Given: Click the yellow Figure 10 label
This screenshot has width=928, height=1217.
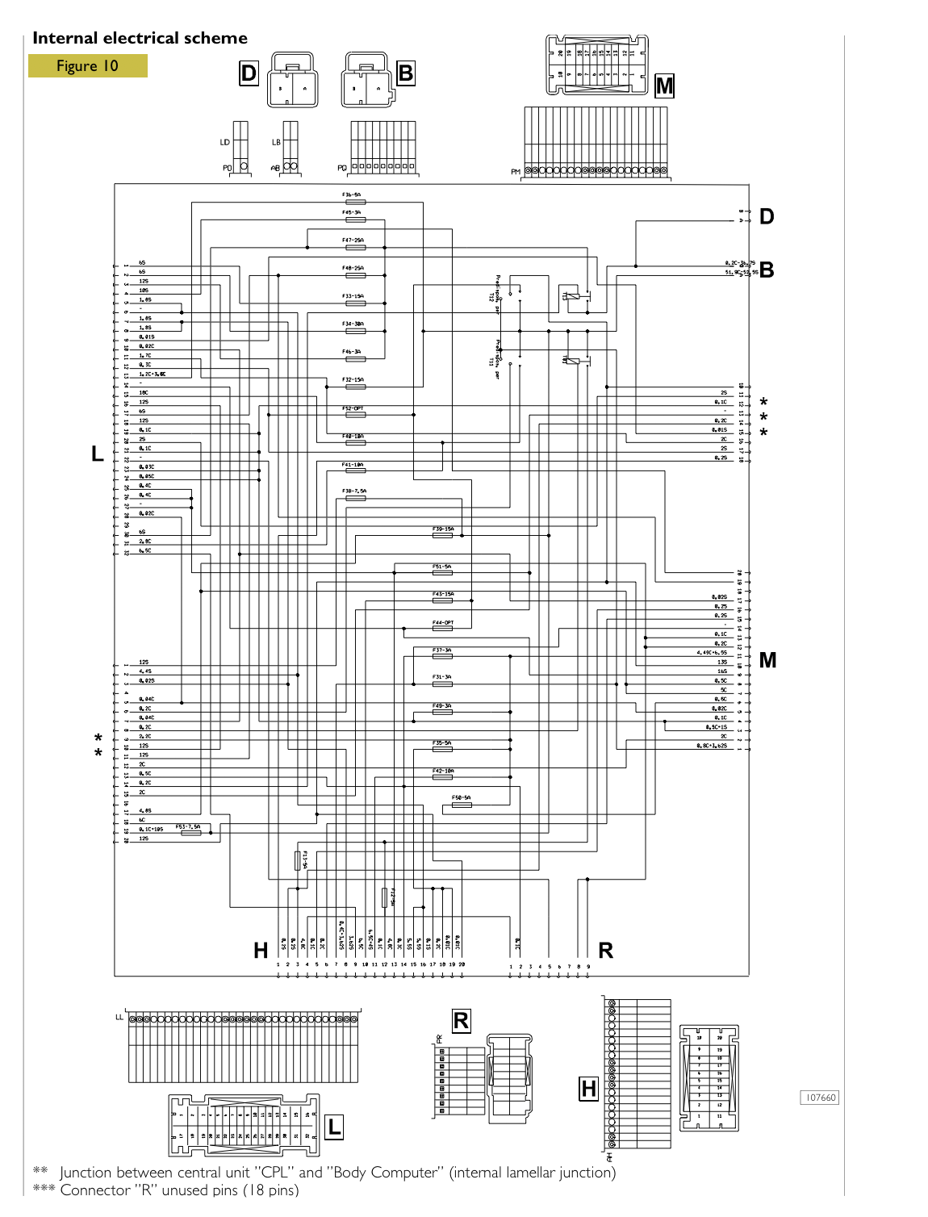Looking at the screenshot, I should click(87, 66).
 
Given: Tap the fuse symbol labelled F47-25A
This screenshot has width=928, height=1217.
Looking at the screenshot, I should click(354, 248).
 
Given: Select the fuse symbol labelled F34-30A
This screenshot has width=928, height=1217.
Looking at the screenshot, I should click(354, 331).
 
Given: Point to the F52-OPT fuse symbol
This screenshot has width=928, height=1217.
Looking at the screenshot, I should click(354, 415).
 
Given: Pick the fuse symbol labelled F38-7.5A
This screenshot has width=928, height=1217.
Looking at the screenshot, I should click(355, 499).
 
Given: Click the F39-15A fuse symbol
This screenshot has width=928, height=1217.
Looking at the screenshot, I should click(442, 535).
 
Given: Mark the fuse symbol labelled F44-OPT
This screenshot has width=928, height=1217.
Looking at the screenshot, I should click(442, 629).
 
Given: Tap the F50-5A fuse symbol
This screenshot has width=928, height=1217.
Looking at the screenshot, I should click(462, 805).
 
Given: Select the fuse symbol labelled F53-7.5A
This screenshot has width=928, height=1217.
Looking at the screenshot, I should click(191, 832).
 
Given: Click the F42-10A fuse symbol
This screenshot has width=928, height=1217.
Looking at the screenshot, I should click(442, 777).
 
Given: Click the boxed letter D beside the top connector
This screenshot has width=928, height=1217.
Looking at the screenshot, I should click(249, 73).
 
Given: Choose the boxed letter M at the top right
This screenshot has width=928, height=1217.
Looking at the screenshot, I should click(664, 86).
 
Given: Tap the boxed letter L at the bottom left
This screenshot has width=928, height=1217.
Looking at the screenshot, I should click(334, 1127).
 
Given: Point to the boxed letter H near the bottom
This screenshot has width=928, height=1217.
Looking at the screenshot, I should click(589, 1089).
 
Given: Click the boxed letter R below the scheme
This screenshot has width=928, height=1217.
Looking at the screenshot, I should click(461, 1021).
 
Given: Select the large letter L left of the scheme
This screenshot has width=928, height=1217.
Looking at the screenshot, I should click(98, 454).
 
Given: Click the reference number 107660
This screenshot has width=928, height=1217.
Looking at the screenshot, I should click(820, 1098).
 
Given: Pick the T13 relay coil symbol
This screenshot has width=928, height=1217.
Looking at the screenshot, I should click(572, 296).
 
